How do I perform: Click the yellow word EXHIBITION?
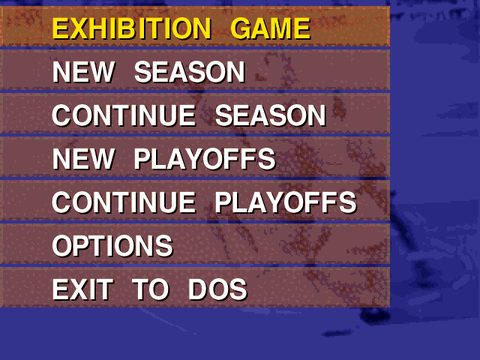click(132, 28)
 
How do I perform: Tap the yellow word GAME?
click(270, 28)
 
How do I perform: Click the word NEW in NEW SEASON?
click(83, 72)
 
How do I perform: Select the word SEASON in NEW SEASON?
click(189, 72)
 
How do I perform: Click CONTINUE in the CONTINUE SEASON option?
click(124, 115)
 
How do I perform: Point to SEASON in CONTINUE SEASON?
click(270, 115)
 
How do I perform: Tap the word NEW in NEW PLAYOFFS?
click(83, 159)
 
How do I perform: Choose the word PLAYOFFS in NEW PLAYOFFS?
click(205, 159)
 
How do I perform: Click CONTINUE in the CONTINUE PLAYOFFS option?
click(124, 202)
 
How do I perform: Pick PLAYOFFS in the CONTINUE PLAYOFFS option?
click(286, 202)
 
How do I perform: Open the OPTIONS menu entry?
click(113, 246)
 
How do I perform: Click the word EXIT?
click(82, 289)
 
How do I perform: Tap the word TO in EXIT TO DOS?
click(151, 289)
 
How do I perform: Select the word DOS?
click(218, 289)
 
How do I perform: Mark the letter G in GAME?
click(241, 28)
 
